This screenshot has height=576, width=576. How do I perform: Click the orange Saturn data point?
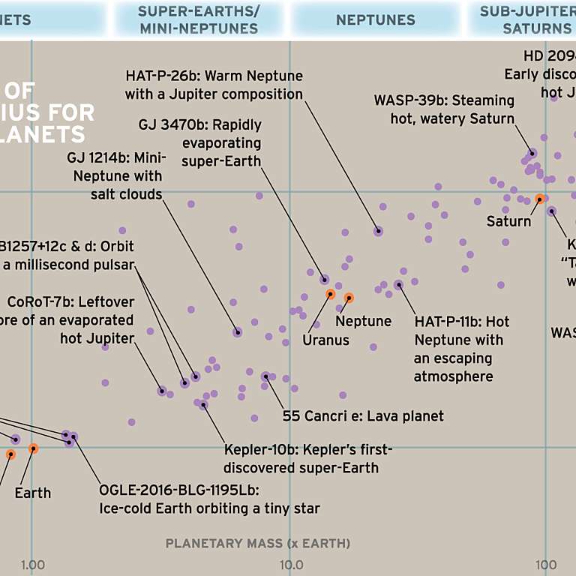(x=539, y=199)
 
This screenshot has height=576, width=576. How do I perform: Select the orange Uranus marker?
(x=330, y=294)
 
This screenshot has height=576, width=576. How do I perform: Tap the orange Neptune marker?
(x=349, y=298)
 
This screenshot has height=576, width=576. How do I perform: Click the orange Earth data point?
(x=33, y=448)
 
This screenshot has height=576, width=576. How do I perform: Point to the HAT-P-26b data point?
(x=379, y=231)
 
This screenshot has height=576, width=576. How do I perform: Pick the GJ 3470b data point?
(x=325, y=279)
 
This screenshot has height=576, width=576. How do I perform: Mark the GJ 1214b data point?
(x=237, y=332)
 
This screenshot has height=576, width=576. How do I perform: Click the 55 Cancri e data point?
(x=265, y=376)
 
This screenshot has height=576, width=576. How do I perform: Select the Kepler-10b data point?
(x=203, y=405)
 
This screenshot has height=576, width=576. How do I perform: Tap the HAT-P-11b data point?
(x=398, y=284)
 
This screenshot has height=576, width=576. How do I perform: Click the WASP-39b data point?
(x=532, y=153)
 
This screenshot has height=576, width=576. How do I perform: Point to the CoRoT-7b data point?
(x=161, y=390)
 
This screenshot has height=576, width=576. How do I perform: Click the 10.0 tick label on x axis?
(x=289, y=564)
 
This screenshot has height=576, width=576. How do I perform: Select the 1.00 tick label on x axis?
(x=31, y=564)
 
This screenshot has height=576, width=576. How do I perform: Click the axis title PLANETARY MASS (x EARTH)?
(x=257, y=543)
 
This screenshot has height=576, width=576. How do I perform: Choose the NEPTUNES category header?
(x=375, y=20)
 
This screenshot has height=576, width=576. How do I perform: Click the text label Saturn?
(x=508, y=221)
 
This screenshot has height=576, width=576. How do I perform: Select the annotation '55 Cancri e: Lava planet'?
(x=363, y=415)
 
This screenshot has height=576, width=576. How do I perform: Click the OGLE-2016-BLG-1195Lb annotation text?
(x=209, y=499)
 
